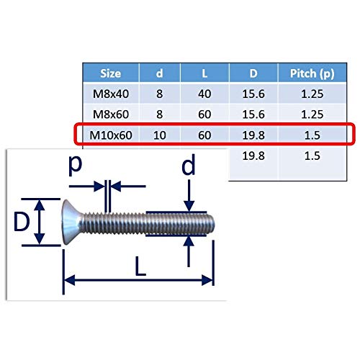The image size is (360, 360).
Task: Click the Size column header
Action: (x=110, y=73)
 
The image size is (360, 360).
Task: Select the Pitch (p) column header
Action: (x=312, y=73)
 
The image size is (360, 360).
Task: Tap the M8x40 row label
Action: (x=111, y=94)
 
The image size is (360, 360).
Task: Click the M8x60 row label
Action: (x=111, y=114)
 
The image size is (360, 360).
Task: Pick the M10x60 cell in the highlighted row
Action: (x=111, y=135)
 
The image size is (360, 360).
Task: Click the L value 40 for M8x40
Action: (x=204, y=94)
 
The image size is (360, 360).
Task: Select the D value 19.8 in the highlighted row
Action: (x=253, y=135)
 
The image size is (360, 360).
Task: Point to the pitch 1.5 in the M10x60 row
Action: (x=312, y=135)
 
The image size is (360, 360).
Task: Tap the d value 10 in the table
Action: (x=159, y=135)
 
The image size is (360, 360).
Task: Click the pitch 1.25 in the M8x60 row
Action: (x=312, y=114)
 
